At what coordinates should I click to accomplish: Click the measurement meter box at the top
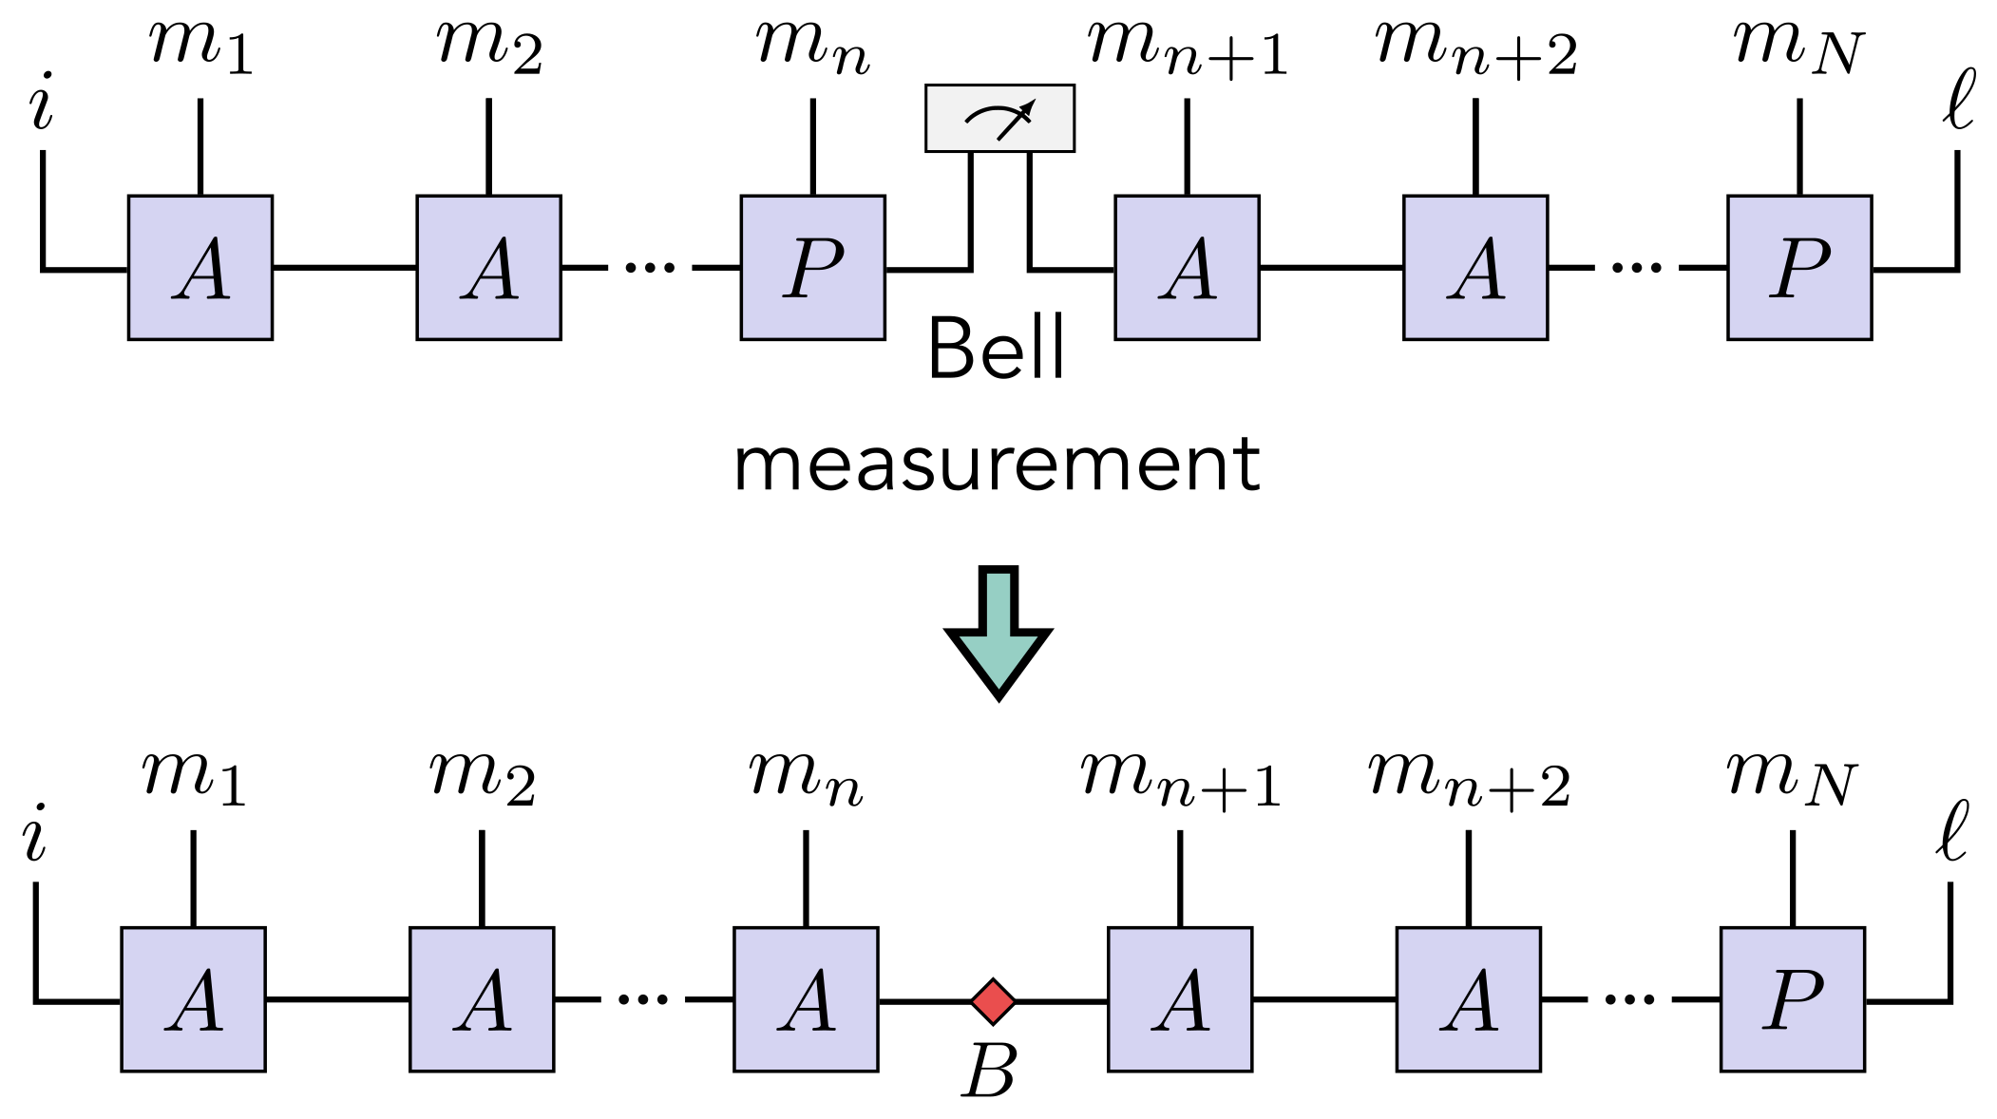999,119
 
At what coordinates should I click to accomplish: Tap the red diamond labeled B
993,1001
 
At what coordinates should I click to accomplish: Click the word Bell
996,349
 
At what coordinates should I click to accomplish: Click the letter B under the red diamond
989,1072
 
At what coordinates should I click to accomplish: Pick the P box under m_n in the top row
812,268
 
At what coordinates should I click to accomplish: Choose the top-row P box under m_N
1799,268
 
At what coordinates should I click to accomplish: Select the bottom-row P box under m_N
1792,999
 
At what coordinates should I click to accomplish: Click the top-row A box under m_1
200,268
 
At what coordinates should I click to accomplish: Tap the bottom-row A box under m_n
806,999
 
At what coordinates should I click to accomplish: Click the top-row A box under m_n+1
1187,268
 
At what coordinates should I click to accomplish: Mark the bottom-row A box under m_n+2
1468,999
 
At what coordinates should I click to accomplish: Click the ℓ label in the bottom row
1951,831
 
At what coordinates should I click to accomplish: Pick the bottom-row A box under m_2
482,999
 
